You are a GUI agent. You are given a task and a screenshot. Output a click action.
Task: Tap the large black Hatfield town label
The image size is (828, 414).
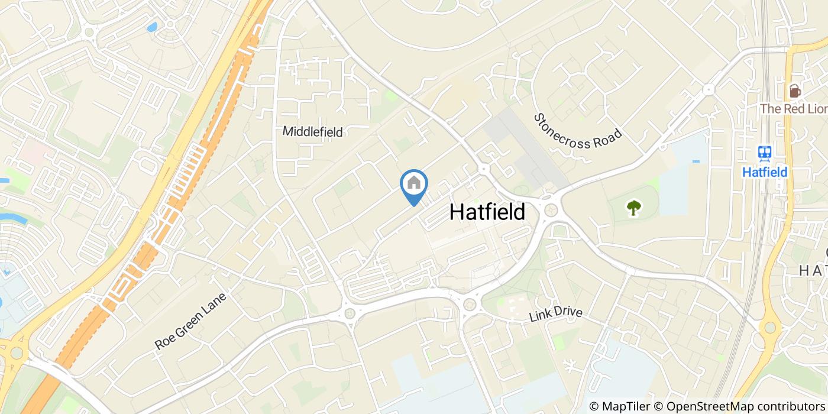(x=487, y=212)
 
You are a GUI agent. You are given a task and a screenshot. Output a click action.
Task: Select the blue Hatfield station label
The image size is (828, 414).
(x=765, y=172)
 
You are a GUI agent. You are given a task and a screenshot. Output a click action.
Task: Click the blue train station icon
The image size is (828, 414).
(x=765, y=153)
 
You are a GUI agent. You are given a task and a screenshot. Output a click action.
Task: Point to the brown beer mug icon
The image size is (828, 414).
(x=795, y=90)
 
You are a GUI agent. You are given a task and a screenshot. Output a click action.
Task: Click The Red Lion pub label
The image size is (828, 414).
(x=793, y=109)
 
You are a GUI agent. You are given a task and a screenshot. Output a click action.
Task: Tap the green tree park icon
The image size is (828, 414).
(x=634, y=208)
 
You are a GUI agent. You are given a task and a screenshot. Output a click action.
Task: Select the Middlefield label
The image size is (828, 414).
(x=312, y=131)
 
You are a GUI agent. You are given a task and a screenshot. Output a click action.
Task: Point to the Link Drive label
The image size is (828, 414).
(x=555, y=315)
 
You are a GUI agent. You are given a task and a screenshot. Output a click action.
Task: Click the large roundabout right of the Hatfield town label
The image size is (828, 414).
(x=552, y=209)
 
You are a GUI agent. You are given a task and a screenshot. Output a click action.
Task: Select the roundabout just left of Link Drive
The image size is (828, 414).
(x=470, y=305)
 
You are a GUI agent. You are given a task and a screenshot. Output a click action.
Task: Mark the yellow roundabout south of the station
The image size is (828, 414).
(x=769, y=327)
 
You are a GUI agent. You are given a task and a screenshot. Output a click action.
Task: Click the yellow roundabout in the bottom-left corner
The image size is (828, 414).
(x=16, y=353)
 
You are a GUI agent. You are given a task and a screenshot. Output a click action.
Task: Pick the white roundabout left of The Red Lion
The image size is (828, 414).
(x=708, y=90)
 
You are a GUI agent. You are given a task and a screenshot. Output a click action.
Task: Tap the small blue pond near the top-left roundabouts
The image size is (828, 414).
(x=152, y=27)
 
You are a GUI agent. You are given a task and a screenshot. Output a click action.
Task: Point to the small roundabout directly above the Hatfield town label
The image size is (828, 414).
(x=484, y=169)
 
